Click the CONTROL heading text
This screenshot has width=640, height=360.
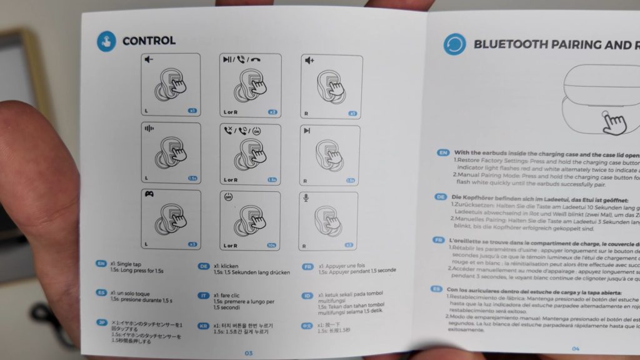pos(149,41)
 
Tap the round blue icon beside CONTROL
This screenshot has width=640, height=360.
pos(106,41)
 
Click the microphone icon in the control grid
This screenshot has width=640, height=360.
pos(306,197)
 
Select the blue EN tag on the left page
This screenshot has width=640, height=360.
pos(101,264)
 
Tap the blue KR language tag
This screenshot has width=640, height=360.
pos(203,326)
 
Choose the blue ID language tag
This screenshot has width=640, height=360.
pos(307,296)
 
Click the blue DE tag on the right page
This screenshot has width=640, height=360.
pos(441,197)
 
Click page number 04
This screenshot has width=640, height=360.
pos(576,349)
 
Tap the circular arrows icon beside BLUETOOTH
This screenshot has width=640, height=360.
pos(454,44)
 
